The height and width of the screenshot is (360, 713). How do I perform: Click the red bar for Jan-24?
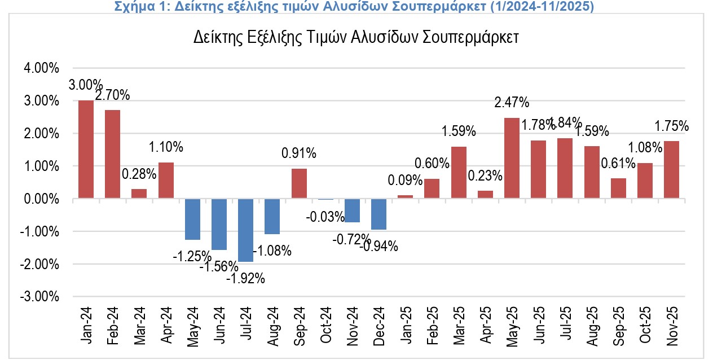(86, 150)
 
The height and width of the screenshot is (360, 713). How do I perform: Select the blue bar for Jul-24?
(245, 230)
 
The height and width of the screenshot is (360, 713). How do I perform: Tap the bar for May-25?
(512, 158)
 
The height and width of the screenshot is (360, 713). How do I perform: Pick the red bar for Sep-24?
(299, 183)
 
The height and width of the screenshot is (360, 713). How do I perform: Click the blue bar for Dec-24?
(378, 214)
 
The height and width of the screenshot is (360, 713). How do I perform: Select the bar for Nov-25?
(671, 170)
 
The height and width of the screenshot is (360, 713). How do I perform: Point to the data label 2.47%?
(512, 103)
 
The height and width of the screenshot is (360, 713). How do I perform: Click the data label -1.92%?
(245, 278)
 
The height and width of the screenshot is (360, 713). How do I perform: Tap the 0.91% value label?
(299, 153)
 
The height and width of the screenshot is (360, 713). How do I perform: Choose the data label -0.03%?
(325, 217)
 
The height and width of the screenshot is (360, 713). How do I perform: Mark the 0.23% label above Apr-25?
(485, 175)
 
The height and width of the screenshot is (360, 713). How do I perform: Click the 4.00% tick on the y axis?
(41, 68)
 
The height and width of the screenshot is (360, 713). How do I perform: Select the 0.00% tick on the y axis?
(41, 199)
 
